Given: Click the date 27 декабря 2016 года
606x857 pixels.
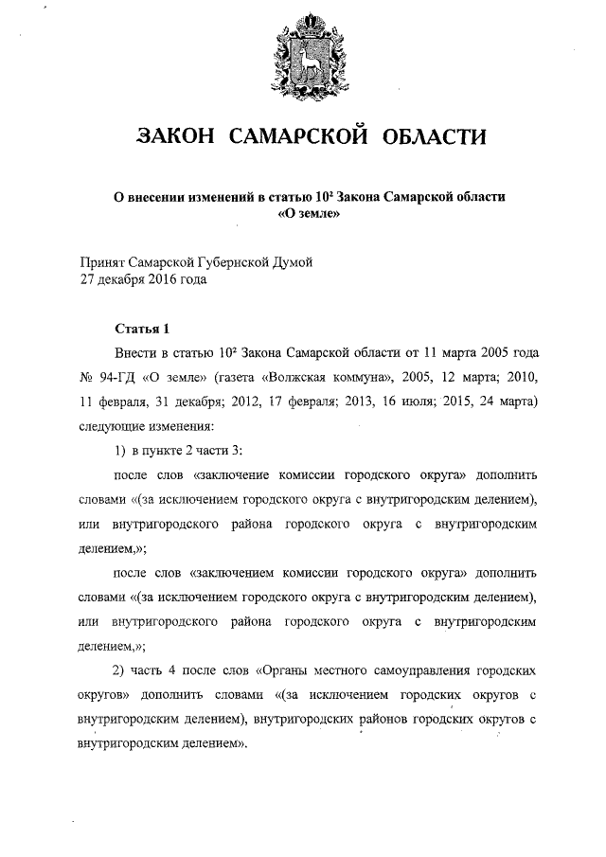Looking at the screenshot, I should (142, 279).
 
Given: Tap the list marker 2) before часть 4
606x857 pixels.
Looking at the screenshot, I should (119, 671).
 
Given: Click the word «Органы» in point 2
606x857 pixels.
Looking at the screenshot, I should (285, 671).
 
